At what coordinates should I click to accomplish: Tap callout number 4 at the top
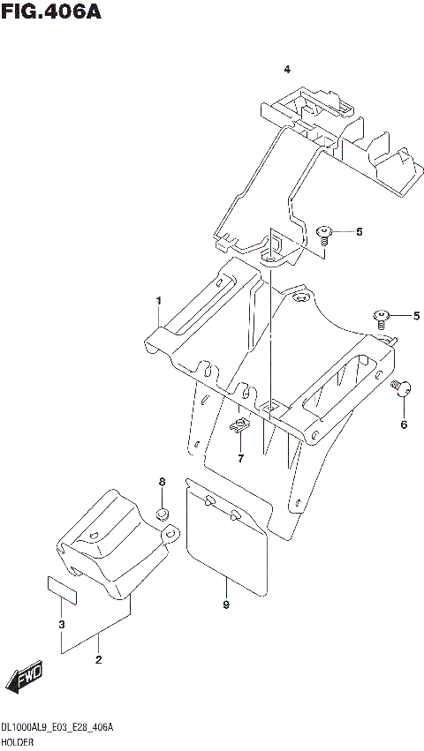286,69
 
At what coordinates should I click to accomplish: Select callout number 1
159,301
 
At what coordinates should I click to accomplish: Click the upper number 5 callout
360,232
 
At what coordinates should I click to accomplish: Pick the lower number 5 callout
416,315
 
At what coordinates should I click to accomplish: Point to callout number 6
404,424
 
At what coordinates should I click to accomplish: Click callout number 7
239,458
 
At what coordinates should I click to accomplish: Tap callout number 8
162,481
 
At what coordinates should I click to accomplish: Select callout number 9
226,605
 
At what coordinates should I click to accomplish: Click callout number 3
62,626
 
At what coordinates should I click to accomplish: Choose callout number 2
98,659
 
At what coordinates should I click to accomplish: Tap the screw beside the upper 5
325,234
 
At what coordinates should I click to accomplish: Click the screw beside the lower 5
382,318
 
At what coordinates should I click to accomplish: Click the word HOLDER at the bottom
19,743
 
